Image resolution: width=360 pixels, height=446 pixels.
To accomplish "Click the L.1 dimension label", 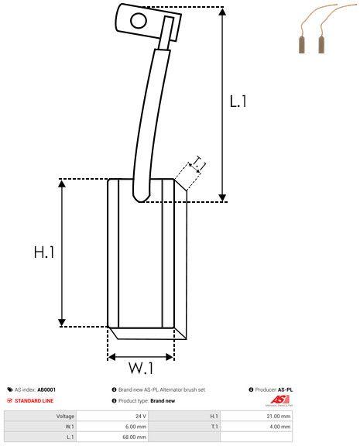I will pos(238,101).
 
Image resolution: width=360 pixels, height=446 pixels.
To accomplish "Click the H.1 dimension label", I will pos(44,252).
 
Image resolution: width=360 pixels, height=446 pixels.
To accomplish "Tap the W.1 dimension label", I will pos(141,367).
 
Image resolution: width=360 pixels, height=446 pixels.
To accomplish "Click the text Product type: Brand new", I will pos(145,400).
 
